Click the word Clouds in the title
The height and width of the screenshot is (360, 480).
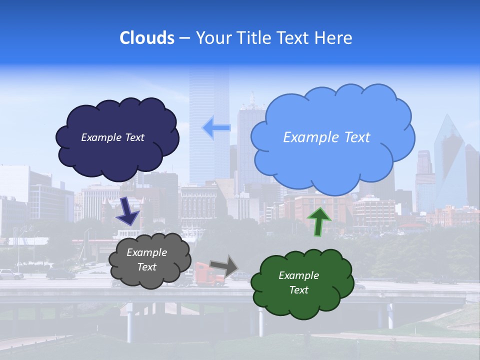pos(146,38)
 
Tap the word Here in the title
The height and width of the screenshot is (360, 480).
pos(335,38)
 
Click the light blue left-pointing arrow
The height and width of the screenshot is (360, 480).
pos(216,128)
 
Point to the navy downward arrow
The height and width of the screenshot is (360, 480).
pos(127,211)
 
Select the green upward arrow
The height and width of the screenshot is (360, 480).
pos(319,221)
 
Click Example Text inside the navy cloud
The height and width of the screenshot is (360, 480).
pos(112,137)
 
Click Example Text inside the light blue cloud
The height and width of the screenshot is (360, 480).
pos(326,137)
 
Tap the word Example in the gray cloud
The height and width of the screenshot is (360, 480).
pos(146,252)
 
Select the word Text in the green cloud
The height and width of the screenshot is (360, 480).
pos(298,290)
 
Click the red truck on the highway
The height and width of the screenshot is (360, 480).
pos(207,276)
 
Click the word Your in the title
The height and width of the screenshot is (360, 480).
pos(213,38)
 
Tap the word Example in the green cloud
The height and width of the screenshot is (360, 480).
pos(298,275)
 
